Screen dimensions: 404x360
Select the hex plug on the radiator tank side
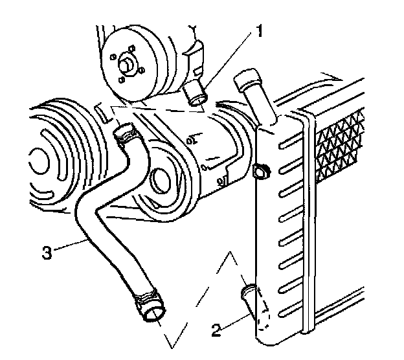262,172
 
